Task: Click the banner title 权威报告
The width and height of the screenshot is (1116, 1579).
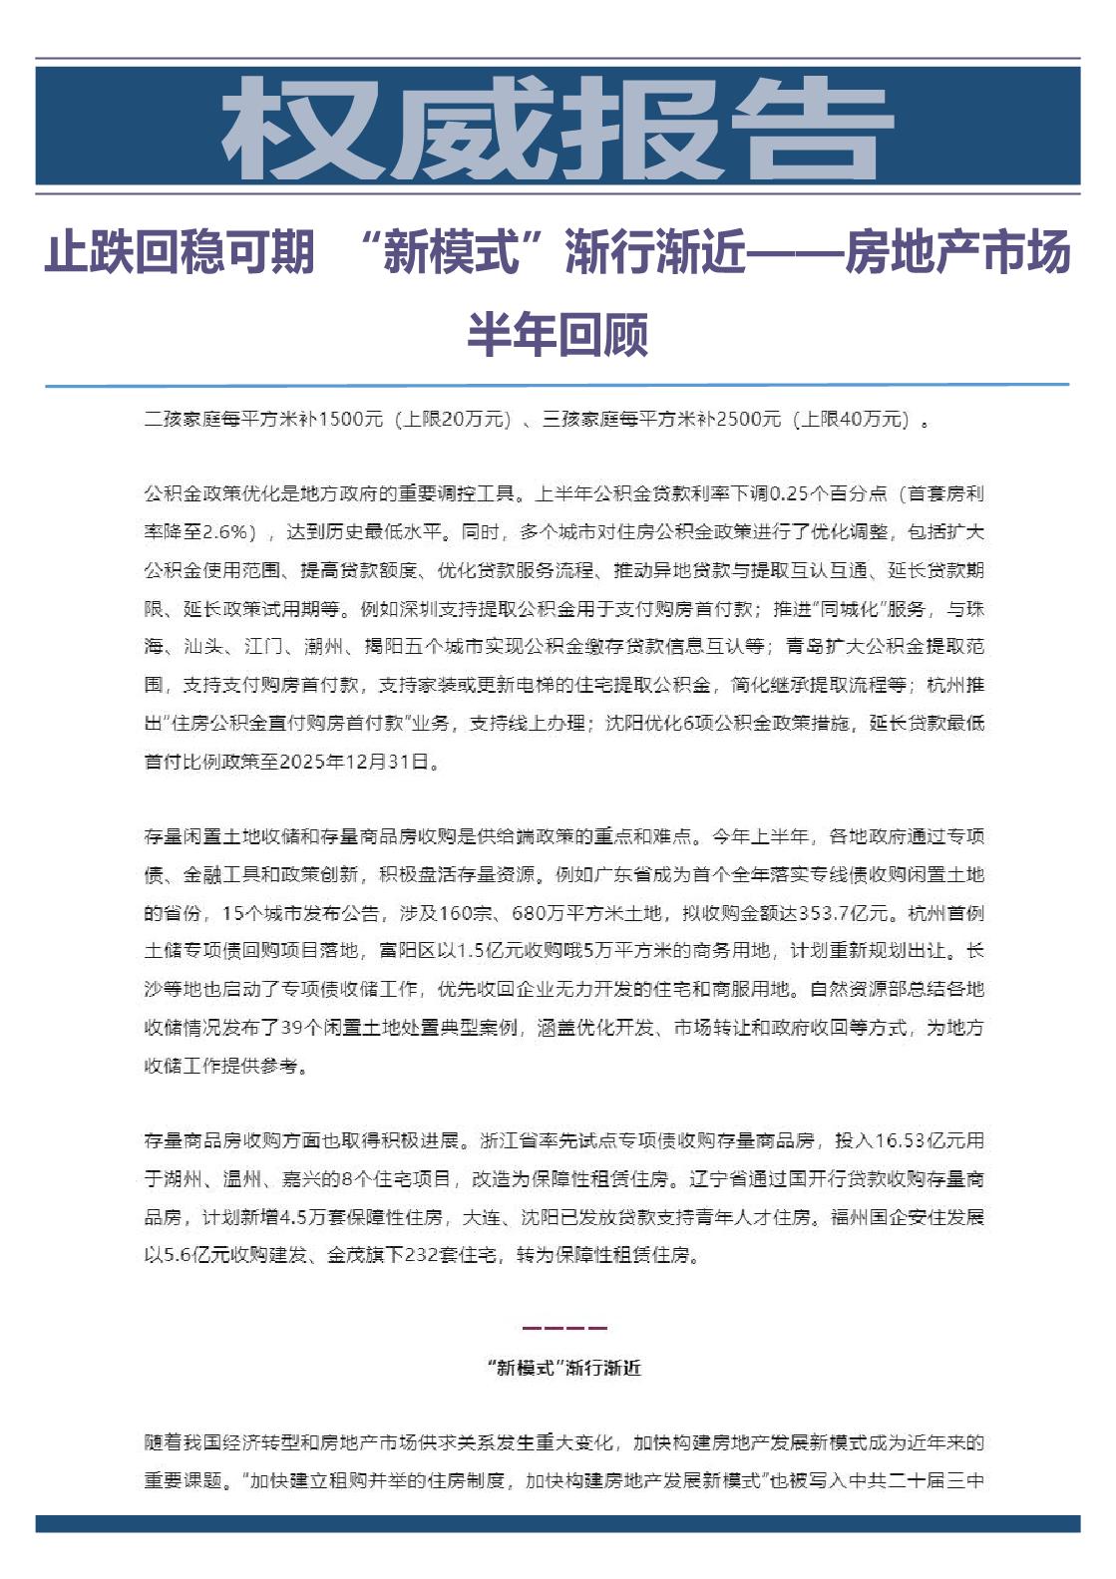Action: point(557,128)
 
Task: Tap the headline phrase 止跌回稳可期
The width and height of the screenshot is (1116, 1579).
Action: point(180,252)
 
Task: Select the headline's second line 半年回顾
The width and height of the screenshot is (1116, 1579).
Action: point(558,334)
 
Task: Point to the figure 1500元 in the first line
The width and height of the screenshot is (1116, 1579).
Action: point(350,420)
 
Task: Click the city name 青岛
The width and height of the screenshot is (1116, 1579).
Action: point(805,647)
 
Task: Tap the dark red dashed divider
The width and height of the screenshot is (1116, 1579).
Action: point(563,1328)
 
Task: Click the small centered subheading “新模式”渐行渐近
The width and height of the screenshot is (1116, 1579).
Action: point(563,1368)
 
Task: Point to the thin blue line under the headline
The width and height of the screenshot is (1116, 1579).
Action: point(557,385)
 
